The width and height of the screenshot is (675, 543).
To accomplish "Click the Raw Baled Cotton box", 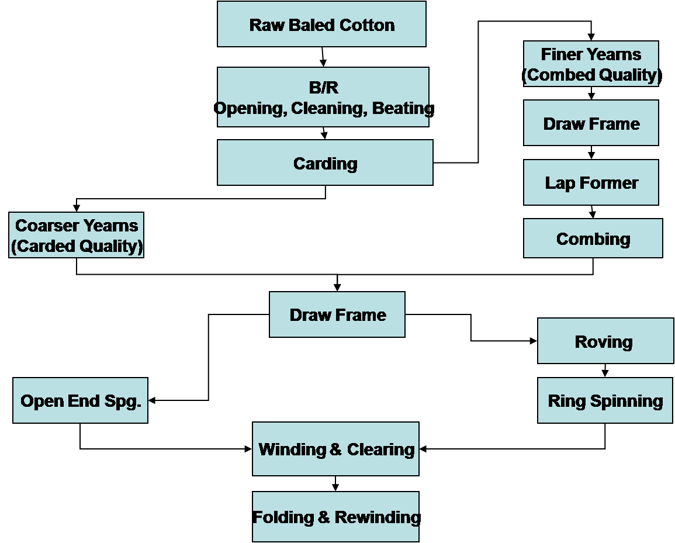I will point(321,25).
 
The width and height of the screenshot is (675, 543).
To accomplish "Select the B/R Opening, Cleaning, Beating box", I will point(323,97).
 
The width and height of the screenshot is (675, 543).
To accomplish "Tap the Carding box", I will point(325,163).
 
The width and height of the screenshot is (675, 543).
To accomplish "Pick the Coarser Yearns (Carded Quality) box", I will point(76,235).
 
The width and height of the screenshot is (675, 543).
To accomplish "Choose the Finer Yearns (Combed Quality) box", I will point(591,64).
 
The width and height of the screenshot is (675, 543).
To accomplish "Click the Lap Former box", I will point(591,182).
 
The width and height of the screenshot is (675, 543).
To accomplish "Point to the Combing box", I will point(593,238).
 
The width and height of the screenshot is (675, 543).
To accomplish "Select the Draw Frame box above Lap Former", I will point(591,123).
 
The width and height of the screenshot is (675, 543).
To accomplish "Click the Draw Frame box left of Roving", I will point(337,314).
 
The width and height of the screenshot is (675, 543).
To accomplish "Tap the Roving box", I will point(605,341).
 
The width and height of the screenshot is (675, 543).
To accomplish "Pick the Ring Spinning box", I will point(605,401).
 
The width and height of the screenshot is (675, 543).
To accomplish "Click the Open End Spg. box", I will point(80,401).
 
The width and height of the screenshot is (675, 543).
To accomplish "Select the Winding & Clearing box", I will point(335,449).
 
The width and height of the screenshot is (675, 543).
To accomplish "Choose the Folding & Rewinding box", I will point(335,517).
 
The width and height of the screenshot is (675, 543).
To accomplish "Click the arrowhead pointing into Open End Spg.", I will point(152,400).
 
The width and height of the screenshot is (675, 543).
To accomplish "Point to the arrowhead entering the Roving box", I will point(534,341).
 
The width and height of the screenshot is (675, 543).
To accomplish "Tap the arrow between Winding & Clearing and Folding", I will point(335,484).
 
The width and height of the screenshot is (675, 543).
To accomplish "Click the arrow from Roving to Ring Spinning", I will point(605,371).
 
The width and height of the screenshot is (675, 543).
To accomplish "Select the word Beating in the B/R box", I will point(403,108).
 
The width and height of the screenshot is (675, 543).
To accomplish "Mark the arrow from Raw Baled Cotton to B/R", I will point(323,57).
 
